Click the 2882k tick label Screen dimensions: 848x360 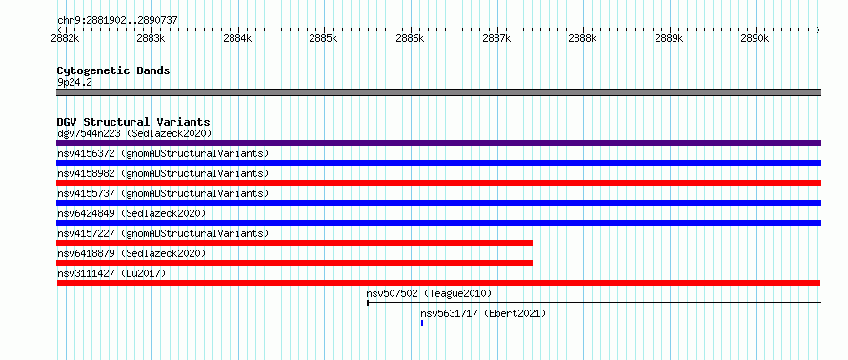click(66, 39)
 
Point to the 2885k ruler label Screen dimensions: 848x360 click(325, 39)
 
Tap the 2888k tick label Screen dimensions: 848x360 click(583, 39)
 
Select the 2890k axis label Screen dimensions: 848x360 click(756, 39)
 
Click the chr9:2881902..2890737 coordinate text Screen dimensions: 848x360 click(117, 21)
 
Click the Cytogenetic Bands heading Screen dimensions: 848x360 click(113, 70)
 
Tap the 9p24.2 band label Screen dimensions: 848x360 click(74, 82)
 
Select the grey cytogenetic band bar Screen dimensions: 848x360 click(438, 92)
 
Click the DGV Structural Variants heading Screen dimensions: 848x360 click(133, 122)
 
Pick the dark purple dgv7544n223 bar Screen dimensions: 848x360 click(438, 143)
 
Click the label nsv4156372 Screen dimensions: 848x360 click(86, 153)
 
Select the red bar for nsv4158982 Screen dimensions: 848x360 click(438, 183)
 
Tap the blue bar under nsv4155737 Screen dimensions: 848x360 click(438, 203)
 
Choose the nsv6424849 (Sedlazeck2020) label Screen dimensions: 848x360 click(131, 213)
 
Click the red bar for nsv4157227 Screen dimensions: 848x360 click(294, 243)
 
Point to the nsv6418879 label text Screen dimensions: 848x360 click(86, 253)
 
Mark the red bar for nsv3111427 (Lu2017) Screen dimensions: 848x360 click(438, 283)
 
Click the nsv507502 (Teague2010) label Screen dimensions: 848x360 click(429, 293)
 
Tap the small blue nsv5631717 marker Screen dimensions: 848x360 click(422, 323)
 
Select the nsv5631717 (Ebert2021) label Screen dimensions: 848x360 click(483, 313)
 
